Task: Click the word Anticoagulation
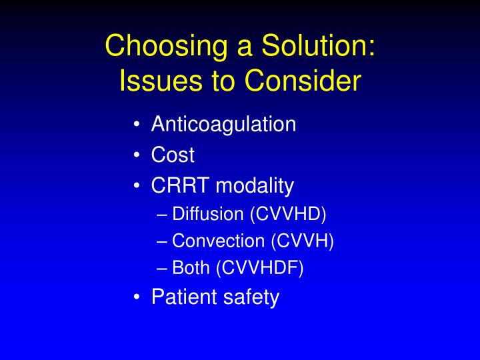click(223, 125)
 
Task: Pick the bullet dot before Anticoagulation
click(137, 125)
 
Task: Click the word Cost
click(173, 155)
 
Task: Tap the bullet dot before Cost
click(137, 155)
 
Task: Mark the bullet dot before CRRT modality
click(137, 185)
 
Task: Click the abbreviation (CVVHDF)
click(259, 268)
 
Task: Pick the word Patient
click(179, 297)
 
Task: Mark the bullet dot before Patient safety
click(137, 297)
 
